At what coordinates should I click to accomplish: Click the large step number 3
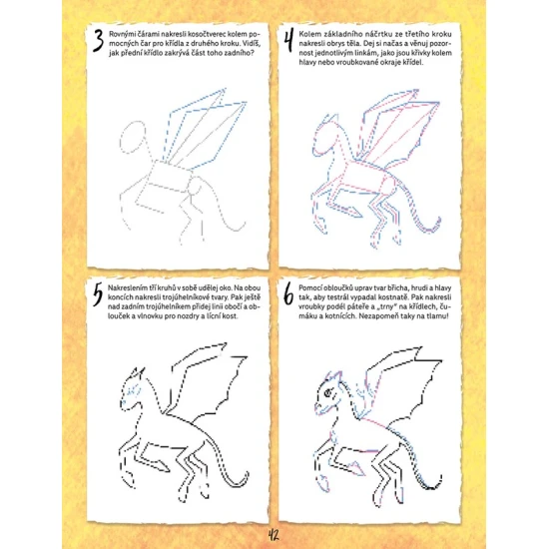[x=99, y=41]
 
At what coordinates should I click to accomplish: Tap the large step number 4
[x=288, y=41]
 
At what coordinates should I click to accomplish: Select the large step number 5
[x=98, y=294]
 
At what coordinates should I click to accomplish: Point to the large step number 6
[x=288, y=294]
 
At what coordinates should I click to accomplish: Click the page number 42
[x=274, y=535]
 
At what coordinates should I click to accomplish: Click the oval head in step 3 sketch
[x=133, y=138]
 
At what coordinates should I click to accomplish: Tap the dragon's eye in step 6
[x=328, y=392]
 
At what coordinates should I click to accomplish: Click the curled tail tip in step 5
[x=247, y=475]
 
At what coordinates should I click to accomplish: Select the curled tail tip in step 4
[x=437, y=223]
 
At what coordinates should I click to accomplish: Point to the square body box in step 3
[x=169, y=177]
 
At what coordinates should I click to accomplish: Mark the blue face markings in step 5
[x=132, y=392]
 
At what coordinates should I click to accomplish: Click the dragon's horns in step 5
[x=138, y=372]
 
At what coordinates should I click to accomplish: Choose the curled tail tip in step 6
[x=439, y=480]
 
